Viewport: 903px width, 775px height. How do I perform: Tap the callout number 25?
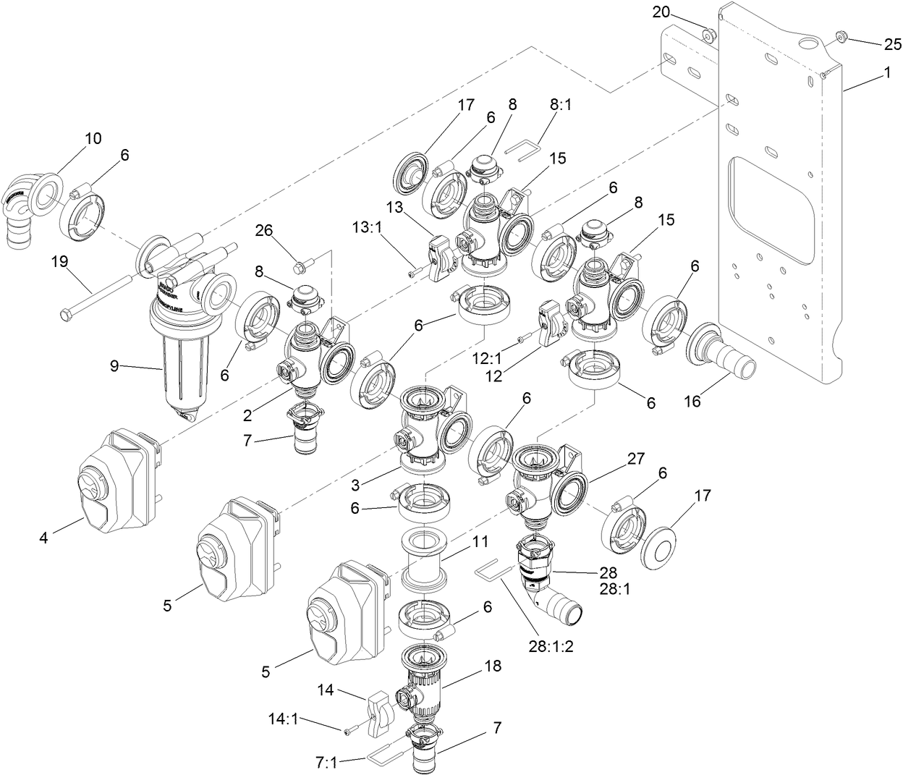click(891, 43)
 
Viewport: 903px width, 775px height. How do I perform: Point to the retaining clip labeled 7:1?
click(382, 757)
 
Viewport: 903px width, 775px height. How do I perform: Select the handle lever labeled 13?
click(441, 258)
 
